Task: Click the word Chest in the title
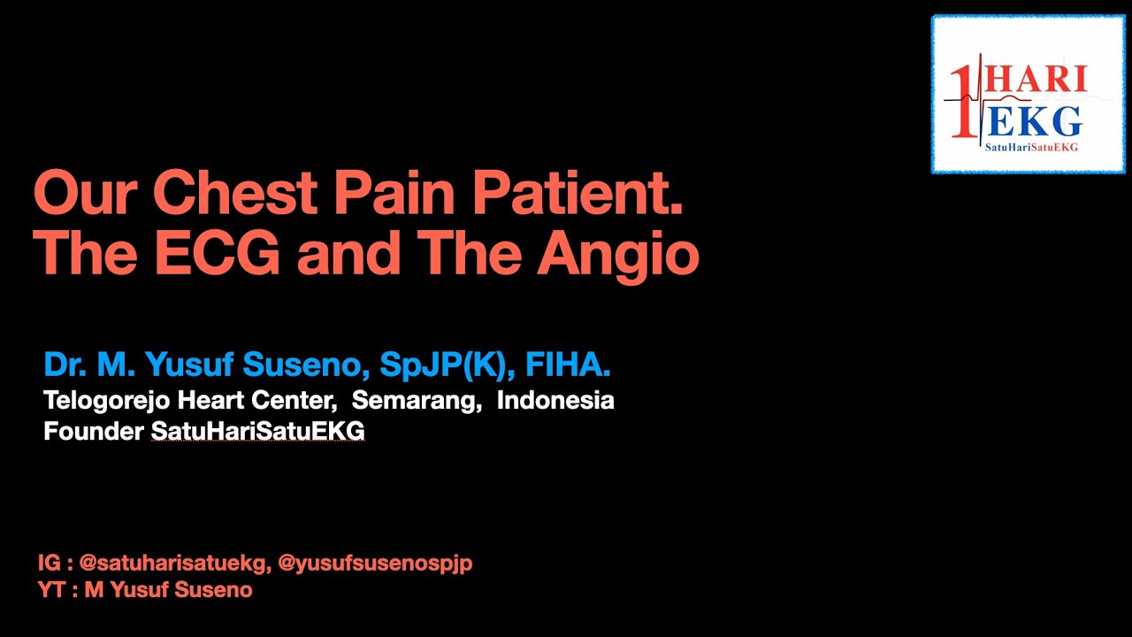point(234,194)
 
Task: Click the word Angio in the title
point(618,255)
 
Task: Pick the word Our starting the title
point(85,194)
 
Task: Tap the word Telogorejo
point(107,401)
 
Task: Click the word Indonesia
point(555,400)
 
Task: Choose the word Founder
point(94,432)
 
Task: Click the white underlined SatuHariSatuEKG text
point(257,432)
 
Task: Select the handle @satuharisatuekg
point(174,563)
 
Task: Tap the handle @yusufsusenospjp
point(375,563)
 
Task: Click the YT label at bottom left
point(52,590)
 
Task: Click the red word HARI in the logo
point(1036,80)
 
